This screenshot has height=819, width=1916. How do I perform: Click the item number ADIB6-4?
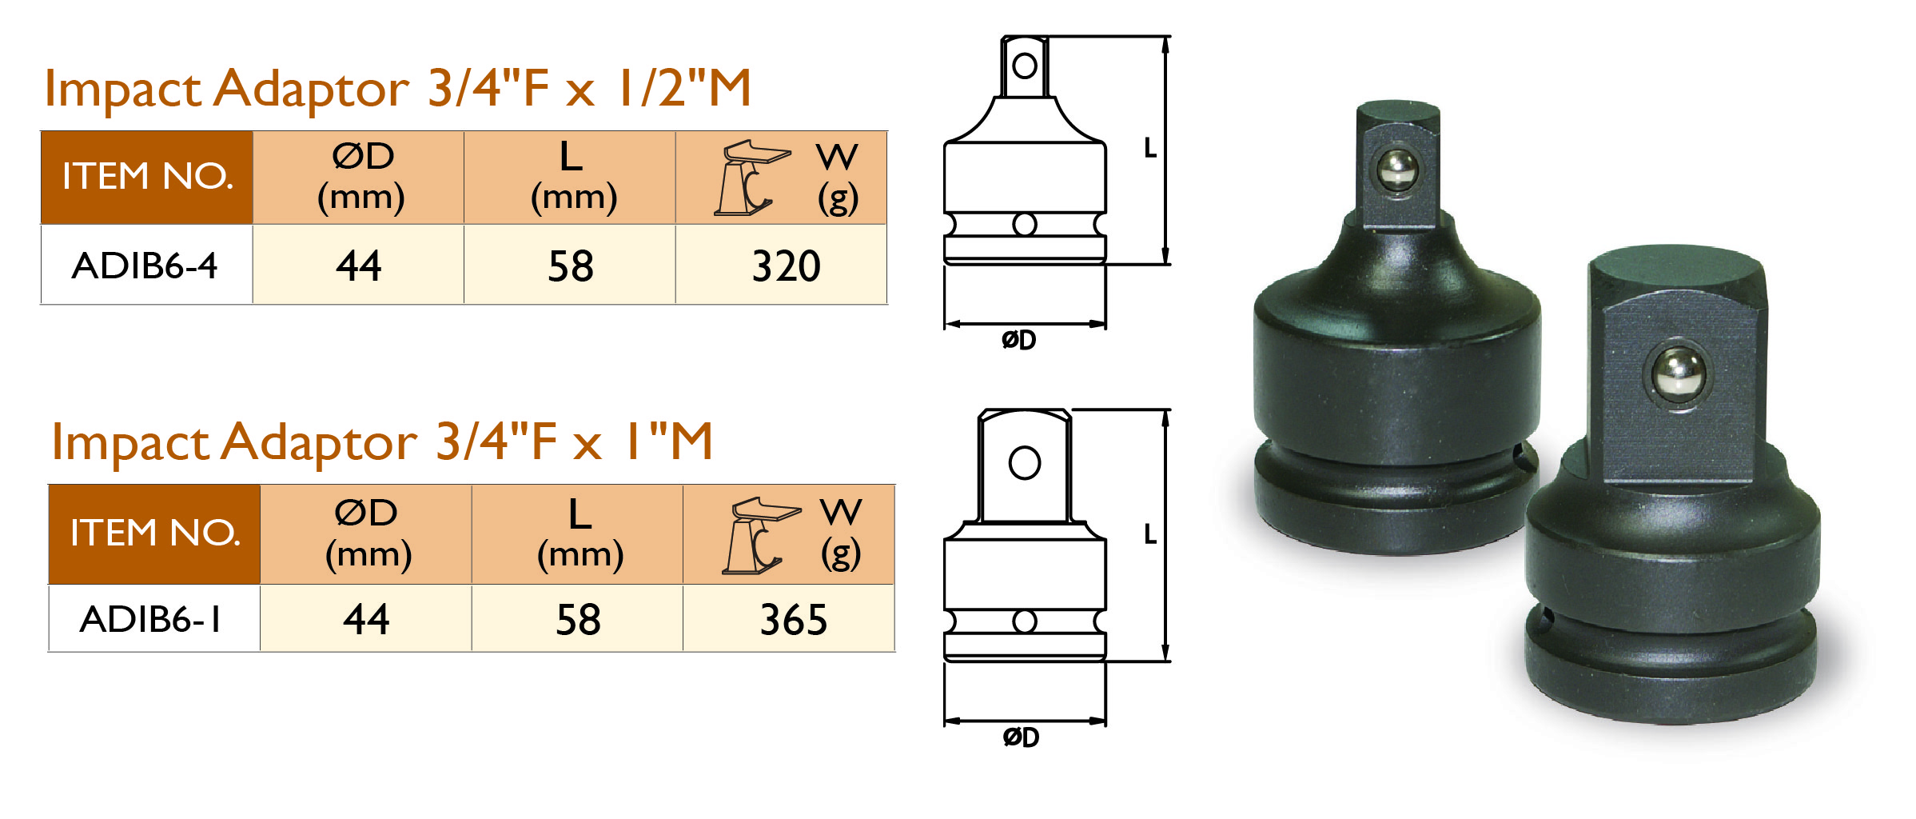pos(145,266)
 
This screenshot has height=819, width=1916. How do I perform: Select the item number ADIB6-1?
pos(151,619)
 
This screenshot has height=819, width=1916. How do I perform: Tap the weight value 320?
pos(786,266)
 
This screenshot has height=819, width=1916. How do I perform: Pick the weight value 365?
pos(793,619)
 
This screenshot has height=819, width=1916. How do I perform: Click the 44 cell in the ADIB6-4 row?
pos(358,266)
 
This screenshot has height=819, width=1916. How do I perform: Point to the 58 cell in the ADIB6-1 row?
pos(578,619)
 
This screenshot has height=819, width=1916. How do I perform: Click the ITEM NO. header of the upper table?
pos(147,177)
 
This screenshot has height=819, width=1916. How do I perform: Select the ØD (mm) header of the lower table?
pos(367,533)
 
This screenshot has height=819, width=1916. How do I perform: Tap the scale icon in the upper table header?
pos(750,178)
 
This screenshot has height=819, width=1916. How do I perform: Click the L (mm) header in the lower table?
pos(580,533)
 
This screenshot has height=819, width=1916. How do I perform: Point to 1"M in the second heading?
pos(668,441)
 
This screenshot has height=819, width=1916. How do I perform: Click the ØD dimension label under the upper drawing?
pos(1018,340)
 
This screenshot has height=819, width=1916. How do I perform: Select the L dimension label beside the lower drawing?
pos(1149,534)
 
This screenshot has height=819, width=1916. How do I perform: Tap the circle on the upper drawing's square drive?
pos(1025,66)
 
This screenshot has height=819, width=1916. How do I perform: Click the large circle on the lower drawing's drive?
pos(1025,462)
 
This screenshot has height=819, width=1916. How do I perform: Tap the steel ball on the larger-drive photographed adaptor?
pos(1679,374)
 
